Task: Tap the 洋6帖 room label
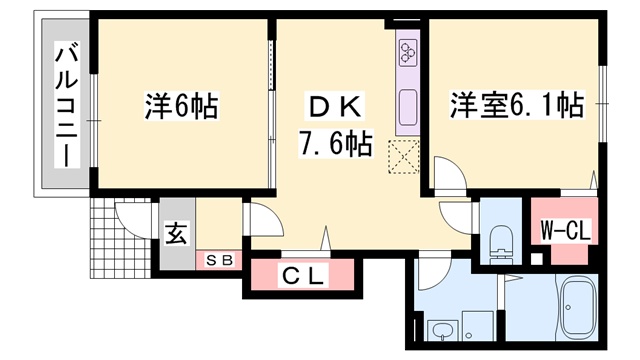click(182, 106)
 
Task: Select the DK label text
click(336, 107)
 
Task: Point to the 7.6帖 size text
click(336, 144)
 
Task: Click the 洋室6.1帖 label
click(517, 105)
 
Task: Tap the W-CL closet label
click(566, 231)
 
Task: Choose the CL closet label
click(303, 276)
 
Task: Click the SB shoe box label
click(219, 260)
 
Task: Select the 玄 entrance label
click(177, 234)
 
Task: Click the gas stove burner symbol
click(408, 52)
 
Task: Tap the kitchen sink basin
click(408, 107)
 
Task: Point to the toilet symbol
click(500, 243)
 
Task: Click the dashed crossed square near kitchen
click(404, 157)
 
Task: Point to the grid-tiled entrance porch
click(120, 238)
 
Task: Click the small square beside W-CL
click(538, 259)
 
